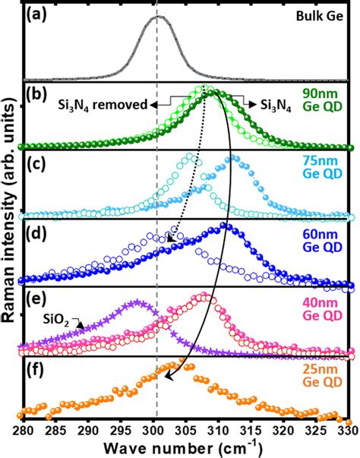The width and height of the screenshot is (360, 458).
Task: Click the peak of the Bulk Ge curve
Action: pyautogui.click(x=157, y=17)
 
